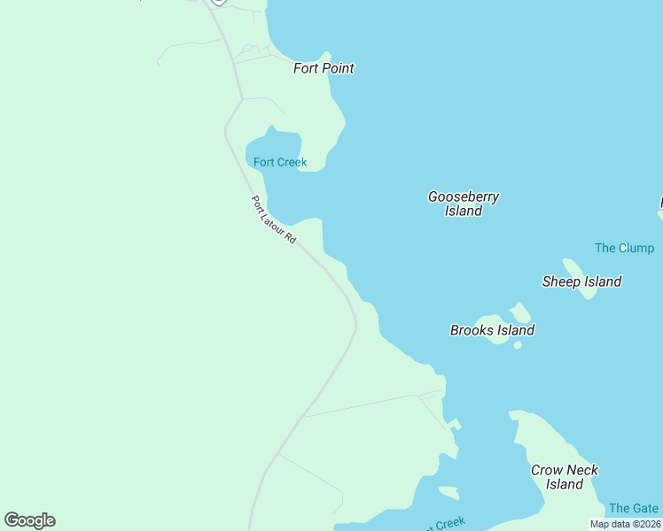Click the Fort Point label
tap(324, 68)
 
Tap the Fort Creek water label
tap(280, 162)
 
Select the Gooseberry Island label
tap(464, 204)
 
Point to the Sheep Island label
tap(581, 281)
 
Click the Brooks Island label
tap(492, 330)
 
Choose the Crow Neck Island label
tap(565, 477)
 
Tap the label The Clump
tap(624, 248)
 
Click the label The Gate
tap(633, 508)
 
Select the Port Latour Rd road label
tap(273, 220)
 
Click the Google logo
tap(29, 520)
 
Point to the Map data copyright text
tap(624, 524)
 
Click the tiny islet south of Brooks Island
tap(518, 345)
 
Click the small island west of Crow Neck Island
tap(448, 492)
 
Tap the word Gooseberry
tap(464, 196)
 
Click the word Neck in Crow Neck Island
tap(582, 470)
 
